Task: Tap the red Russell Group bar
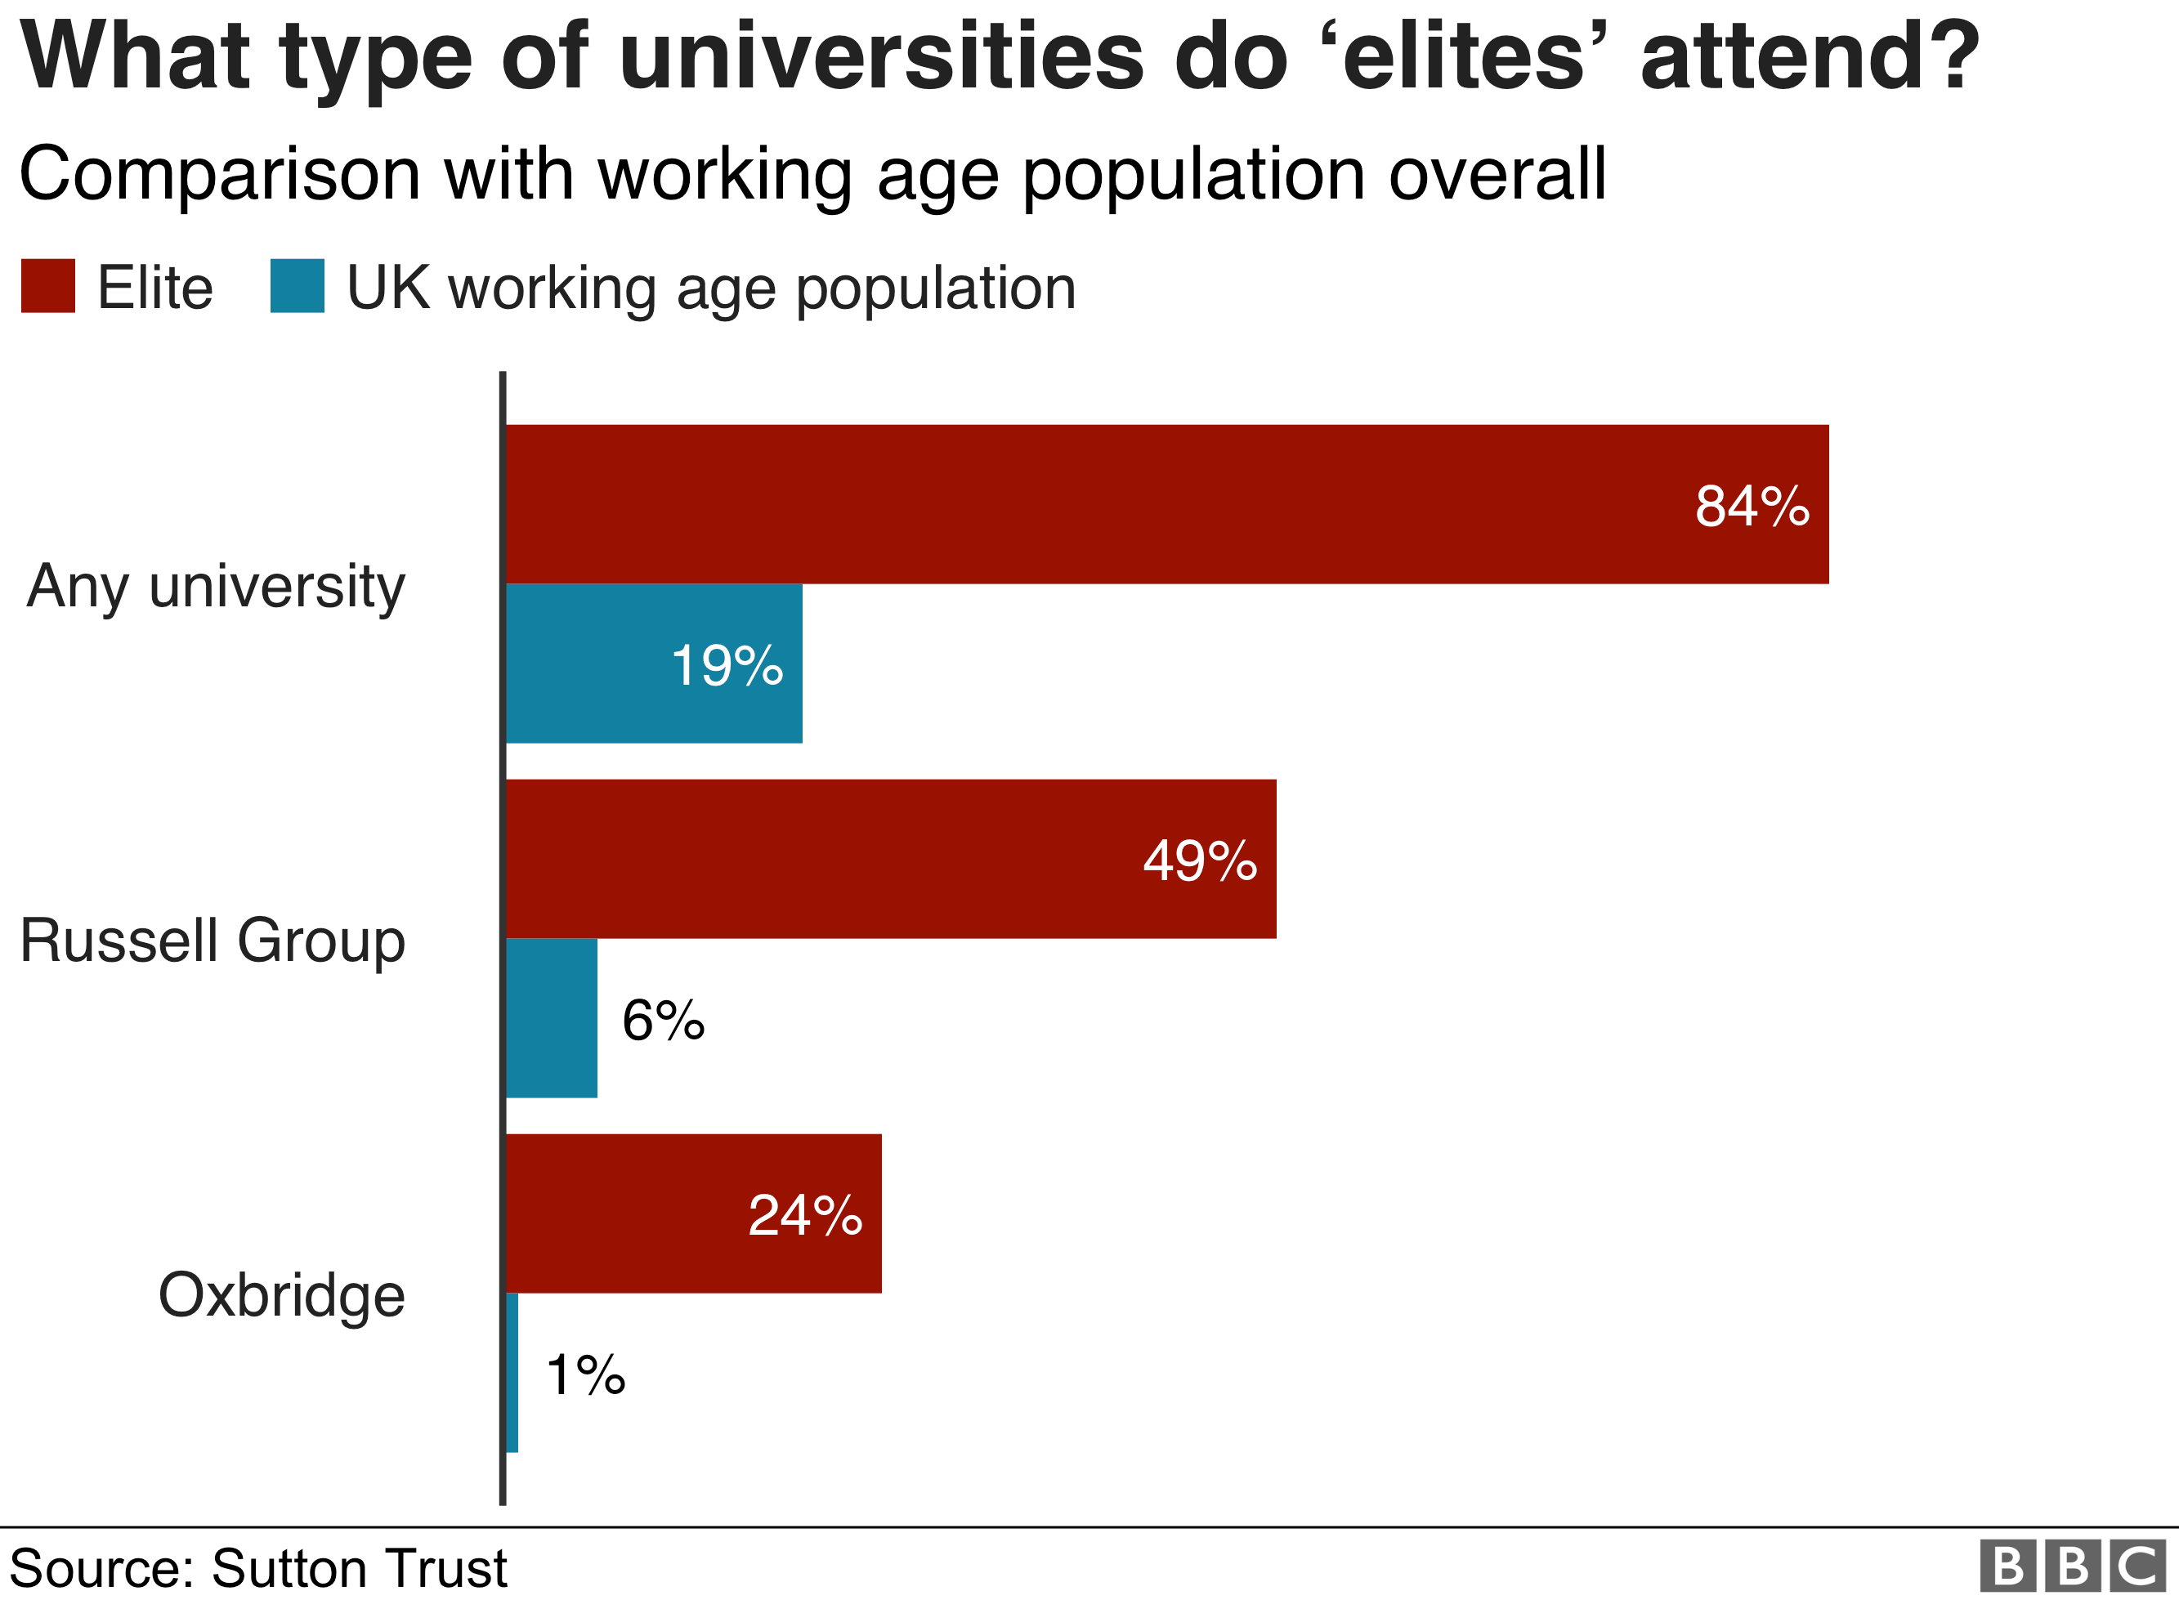tap(871, 858)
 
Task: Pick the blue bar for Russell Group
tap(551, 1018)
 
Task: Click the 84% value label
tap(1751, 506)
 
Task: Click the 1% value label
tap(585, 1374)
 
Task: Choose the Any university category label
tap(215, 586)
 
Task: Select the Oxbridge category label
tap(281, 1295)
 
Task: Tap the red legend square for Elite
tap(47, 286)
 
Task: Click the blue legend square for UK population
tap(297, 286)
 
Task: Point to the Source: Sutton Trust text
tap(257, 1568)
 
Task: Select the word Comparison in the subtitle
tap(219, 174)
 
